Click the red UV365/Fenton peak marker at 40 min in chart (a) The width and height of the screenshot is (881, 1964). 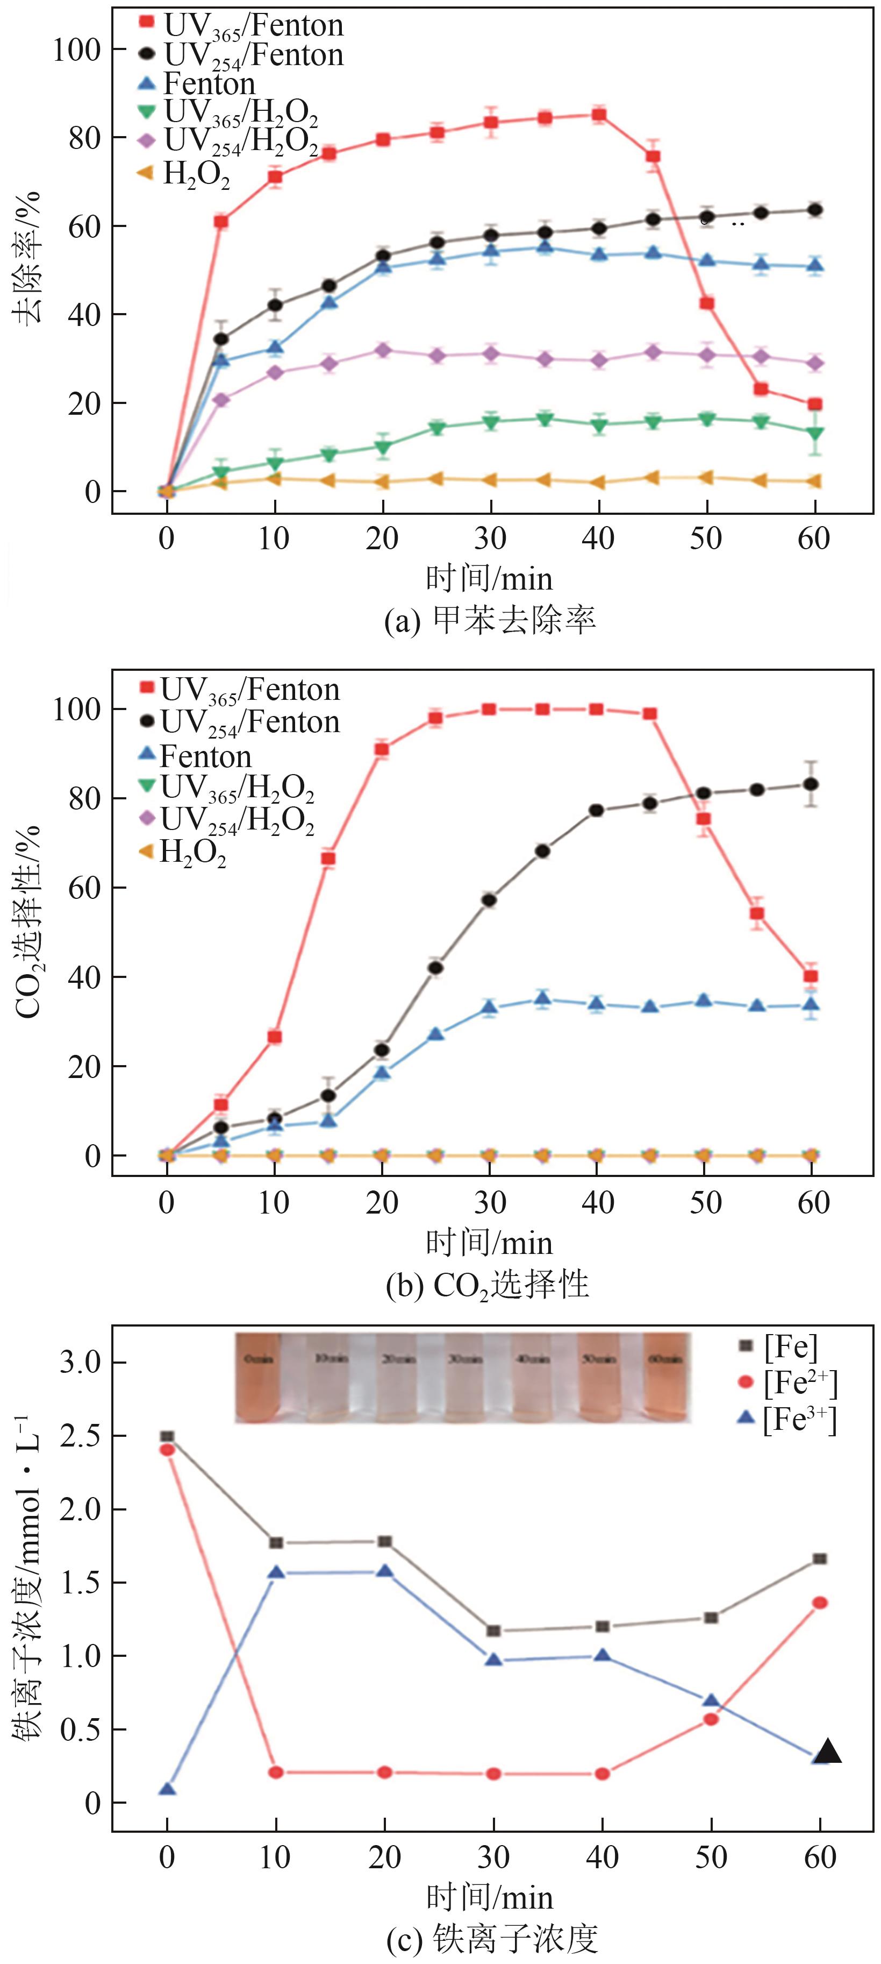point(599,115)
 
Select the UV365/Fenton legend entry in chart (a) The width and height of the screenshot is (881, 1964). point(244,25)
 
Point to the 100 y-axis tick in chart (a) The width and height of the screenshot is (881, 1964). point(77,49)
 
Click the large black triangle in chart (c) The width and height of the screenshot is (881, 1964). point(828,1752)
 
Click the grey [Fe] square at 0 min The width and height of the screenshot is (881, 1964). point(167,1436)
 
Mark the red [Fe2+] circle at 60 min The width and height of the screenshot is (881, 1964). point(820,1603)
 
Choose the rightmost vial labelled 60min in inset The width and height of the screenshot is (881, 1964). point(666,1378)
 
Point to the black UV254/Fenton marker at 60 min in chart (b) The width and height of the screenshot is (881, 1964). point(812,784)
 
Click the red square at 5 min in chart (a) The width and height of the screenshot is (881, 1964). point(221,222)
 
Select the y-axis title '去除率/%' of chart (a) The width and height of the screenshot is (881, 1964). point(29,259)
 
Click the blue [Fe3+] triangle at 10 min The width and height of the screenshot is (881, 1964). point(276,1572)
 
